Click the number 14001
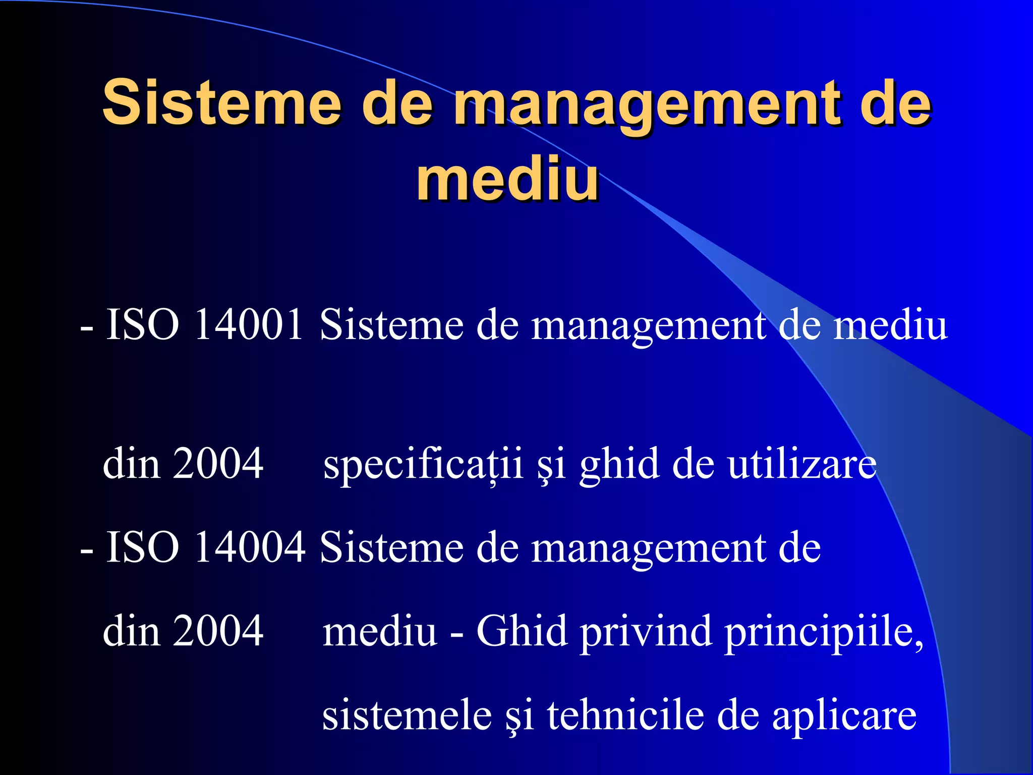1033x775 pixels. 249,324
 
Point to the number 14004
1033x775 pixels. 250,547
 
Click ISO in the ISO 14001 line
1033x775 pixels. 143,324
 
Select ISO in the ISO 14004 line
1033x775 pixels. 143,547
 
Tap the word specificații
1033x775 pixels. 423,464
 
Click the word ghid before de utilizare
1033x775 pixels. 619,464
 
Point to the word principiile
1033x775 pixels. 824,632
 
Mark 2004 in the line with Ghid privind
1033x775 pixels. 218,631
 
